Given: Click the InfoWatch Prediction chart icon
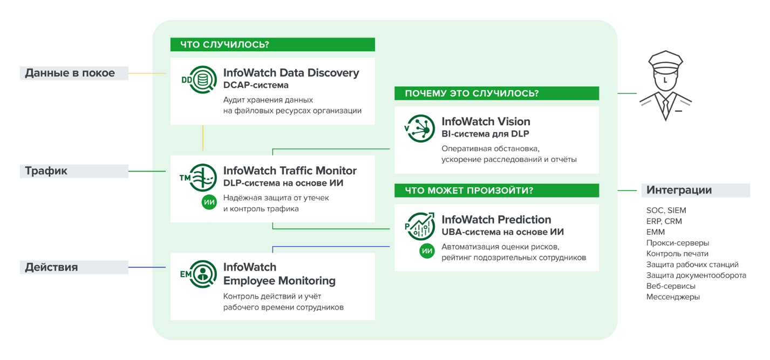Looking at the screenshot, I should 420,226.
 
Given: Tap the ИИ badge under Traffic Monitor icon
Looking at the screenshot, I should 209,202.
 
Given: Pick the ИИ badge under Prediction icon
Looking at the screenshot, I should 427,251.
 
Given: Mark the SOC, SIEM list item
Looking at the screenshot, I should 666,210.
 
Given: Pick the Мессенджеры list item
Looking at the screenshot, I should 673,297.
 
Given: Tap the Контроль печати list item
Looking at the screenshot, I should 677,254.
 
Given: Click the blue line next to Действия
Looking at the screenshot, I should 146,267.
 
